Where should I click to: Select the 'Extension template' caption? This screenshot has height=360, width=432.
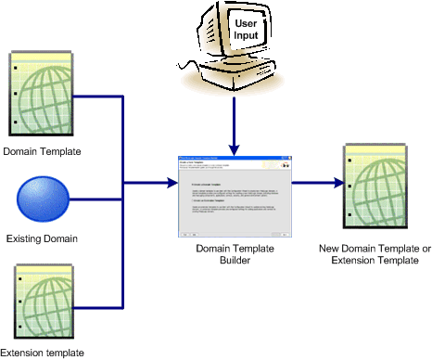click(43, 352)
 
